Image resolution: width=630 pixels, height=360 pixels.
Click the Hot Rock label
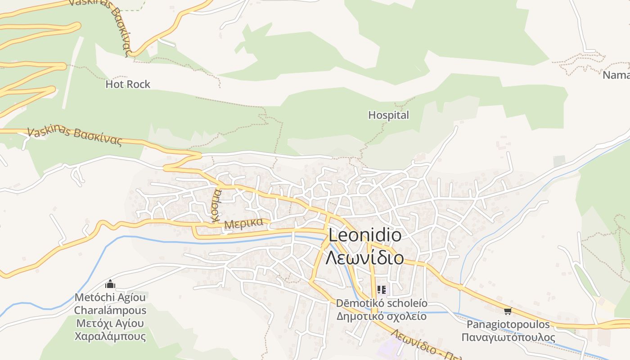coord(128,84)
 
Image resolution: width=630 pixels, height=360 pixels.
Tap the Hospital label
coord(389,115)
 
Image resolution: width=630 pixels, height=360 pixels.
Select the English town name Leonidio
coord(365,235)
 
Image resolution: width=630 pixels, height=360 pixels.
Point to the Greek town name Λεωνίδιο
coord(364,258)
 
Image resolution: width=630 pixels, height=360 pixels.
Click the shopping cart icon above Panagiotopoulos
coord(508,311)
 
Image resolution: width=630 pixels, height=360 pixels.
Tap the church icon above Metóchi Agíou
coord(110,284)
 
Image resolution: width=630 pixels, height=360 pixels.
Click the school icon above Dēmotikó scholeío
coord(382,290)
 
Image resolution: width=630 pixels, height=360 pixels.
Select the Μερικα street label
coord(243,223)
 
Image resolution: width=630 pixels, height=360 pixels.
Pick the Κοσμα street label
coord(216,206)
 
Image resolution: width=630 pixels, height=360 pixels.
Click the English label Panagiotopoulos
coord(508,324)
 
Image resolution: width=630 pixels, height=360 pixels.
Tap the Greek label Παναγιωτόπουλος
coord(508,337)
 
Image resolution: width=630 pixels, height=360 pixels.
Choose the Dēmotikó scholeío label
coord(382,303)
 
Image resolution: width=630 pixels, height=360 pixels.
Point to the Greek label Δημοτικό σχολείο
coord(382,316)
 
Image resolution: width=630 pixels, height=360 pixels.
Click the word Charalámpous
coord(110,310)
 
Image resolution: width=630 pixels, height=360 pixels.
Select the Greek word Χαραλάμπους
coord(110,336)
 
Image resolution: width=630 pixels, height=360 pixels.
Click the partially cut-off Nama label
coord(616,75)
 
